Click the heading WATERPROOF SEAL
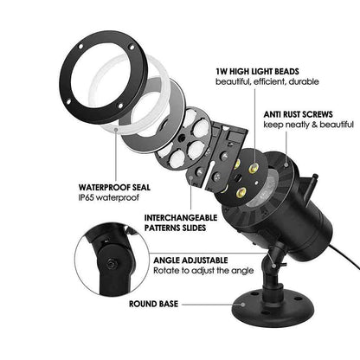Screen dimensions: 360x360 (x=114, y=187)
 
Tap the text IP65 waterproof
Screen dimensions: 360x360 (x=108, y=197)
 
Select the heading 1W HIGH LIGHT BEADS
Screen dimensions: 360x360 (x=257, y=71)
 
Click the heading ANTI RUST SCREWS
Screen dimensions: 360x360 (x=298, y=114)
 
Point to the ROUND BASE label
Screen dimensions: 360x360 (x=153, y=304)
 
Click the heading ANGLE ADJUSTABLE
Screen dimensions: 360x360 (x=190, y=260)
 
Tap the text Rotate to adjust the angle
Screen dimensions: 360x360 (x=203, y=271)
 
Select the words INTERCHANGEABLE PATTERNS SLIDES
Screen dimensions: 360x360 (x=181, y=222)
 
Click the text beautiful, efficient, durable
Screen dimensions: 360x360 (x=267, y=81)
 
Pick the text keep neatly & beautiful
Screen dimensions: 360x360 (x=308, y=125)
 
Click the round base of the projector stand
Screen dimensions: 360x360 (x=273, y=305)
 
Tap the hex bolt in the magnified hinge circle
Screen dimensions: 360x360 (x=111, y=263)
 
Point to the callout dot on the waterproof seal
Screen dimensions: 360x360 (x=116, y=130)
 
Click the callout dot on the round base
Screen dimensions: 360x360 (x=243, y=305)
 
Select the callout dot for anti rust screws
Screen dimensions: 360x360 (x=286, y=165)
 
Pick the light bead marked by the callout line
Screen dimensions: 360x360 (x=254, y=167)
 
